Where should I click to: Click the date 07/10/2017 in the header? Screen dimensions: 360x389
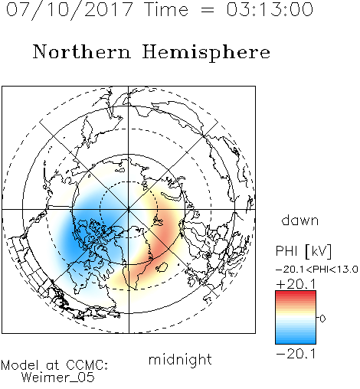pos(70,9)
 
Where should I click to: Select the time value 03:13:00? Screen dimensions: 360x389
pos(270,9)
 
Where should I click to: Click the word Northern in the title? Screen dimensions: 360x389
pos(82,51)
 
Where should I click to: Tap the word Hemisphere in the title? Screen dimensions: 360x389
pos(206,52)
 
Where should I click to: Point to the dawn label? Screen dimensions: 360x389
pos(300,221)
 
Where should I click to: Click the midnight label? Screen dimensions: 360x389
pos(180,360)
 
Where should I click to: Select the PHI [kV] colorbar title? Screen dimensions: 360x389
pos(303,251)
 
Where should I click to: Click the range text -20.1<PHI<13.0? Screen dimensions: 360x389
pos(316,270)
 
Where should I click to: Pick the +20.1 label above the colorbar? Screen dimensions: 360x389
pos(296,284)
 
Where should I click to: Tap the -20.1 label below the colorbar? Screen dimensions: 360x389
pos(296,354)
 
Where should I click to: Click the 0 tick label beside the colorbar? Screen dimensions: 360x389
pos(322,319)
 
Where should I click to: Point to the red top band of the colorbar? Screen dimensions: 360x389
pos(296,293)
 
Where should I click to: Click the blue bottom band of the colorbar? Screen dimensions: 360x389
pos(296,342)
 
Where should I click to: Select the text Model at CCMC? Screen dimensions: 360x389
pos(54,365)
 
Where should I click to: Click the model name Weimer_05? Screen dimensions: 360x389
pos(57,377)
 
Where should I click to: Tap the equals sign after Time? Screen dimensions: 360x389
pos(208,10)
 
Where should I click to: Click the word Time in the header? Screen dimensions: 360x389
pos(166,9)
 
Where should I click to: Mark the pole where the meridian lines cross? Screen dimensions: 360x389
pos(129,209)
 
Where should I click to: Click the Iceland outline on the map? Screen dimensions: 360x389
pos(162,267)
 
